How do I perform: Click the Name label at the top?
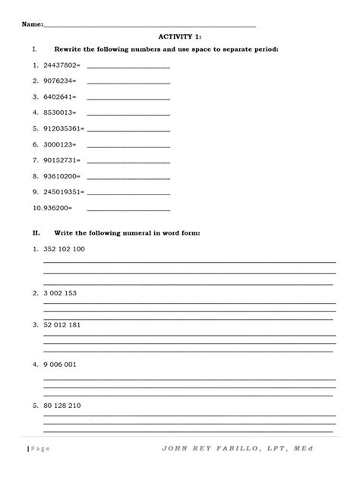pyautogui.click(x=32, y=25)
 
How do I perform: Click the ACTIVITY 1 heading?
pyautogui.click(x=179, y=36)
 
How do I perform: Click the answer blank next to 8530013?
pyautogui.click(x=128, y=112)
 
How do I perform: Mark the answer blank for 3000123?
pyautogui.click(x=128, y=144)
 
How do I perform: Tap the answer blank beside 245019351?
pyautogui.click(x=128, y=191)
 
